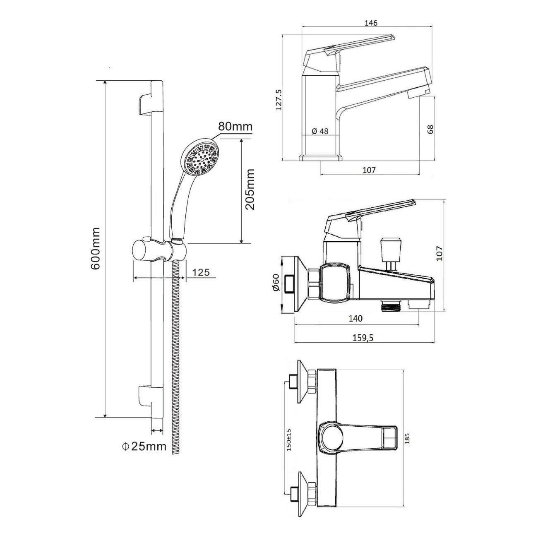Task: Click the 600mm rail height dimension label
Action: tap(95, 248)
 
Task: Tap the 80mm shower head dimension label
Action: tap(235, 126)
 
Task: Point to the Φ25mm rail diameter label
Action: tap(144, 447)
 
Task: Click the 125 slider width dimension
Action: tap(201, 272)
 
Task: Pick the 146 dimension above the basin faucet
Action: tap(371, 23)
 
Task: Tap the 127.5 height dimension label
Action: tap(279, 100)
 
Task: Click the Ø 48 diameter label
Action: tap(320, 131)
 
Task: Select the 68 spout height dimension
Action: tap(430, 129)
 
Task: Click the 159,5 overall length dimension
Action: tap(363, 338)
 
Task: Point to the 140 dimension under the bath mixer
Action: tap(355, 318)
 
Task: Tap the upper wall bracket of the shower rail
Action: tap(146, 105)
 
